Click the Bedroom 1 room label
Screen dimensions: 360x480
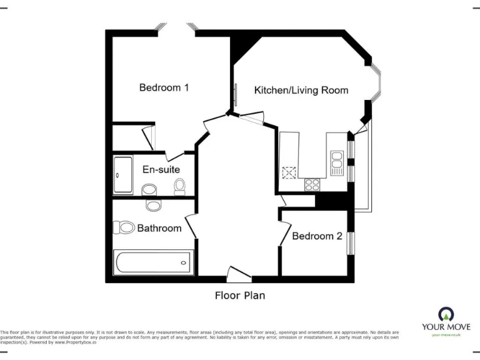164,87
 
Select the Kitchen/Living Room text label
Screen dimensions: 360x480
301,90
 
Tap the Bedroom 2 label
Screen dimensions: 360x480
317,236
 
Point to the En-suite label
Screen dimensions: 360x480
161,169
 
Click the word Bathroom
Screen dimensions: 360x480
159,228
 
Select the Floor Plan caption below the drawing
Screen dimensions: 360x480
239,295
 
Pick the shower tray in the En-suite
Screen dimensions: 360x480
123,176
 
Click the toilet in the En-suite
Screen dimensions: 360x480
180,186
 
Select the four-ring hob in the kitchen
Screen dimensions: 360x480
311,184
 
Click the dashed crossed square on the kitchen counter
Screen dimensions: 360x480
289,172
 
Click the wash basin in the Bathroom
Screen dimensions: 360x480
153,204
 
